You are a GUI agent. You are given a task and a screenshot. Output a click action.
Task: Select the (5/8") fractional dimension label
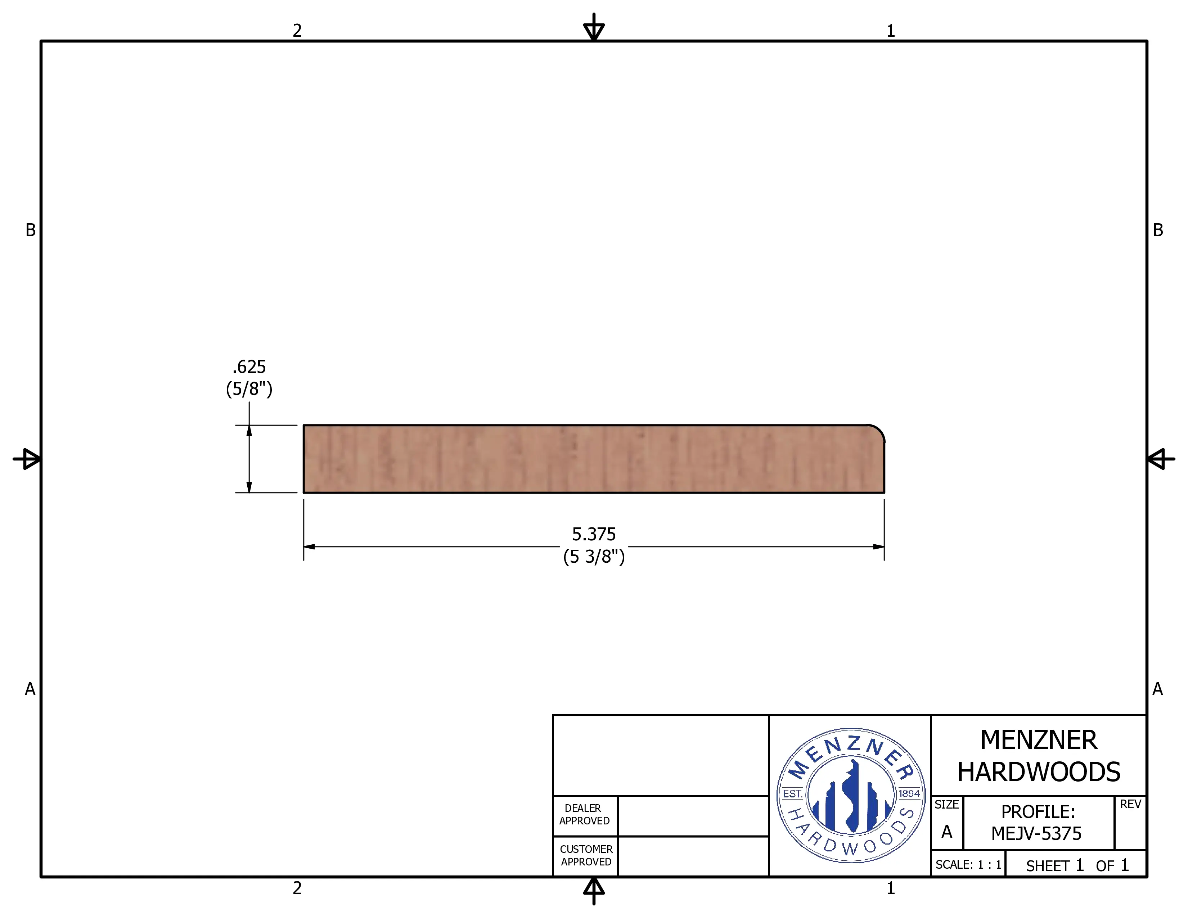[x=249, y=389]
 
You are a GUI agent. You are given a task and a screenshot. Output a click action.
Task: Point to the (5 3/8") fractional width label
[x=594, y=556]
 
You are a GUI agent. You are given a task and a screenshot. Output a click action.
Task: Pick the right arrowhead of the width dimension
[x=878, y=546]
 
